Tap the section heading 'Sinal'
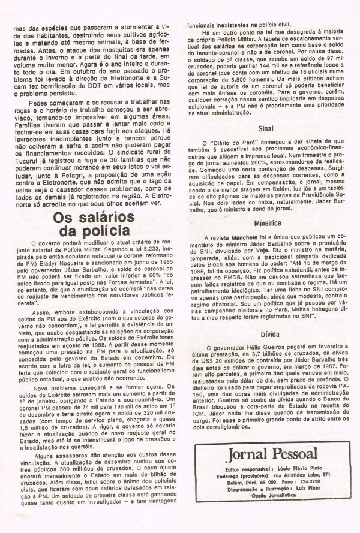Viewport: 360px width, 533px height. [x=262, y=145]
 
